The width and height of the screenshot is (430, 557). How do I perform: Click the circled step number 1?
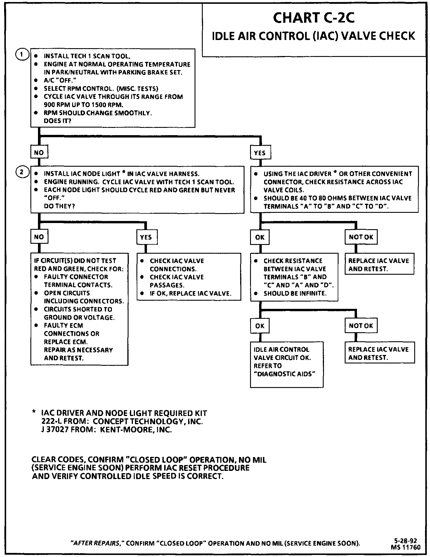click(x=22, y=55)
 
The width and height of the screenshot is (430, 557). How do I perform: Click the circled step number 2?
click(x=22, y=172)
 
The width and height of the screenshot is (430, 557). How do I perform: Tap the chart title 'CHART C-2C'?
click(x=314, y=18)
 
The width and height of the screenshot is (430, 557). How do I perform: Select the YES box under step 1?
click(x=260, y=153)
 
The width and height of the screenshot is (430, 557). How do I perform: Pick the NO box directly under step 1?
click(x=39, y=152)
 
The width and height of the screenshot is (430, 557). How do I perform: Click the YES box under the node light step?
click(x=146, y=237)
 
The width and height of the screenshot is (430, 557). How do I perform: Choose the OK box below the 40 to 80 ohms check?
click(x=259, y=237)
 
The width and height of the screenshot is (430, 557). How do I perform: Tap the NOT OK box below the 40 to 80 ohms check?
click(x=361, y=237)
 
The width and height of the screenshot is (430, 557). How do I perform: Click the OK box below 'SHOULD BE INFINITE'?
click(x=259, y=326)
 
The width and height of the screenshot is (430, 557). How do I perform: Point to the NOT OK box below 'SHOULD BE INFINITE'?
click(x=361, y=326)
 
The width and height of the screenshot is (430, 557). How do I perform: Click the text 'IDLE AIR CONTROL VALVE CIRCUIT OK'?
click(x=282, y=353)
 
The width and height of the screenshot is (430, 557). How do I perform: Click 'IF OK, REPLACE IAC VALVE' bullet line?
click(x=190, y=293)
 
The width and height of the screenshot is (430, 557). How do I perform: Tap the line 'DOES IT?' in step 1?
click(x=57, y=121)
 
